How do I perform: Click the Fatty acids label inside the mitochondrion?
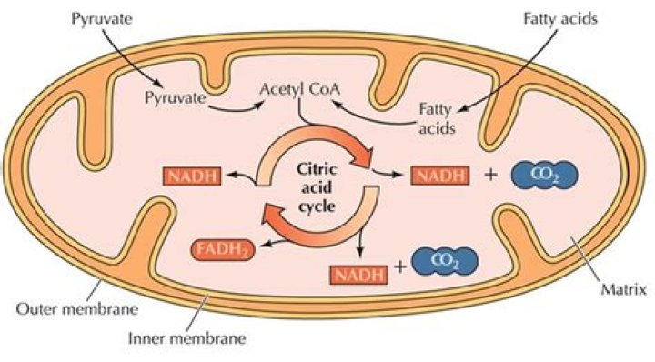pyautogui.click(x=436, y=116)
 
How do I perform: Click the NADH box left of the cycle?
pyautogui.click(x=191, y=176)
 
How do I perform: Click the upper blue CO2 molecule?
pyautogui.click(x=541, y=173)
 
